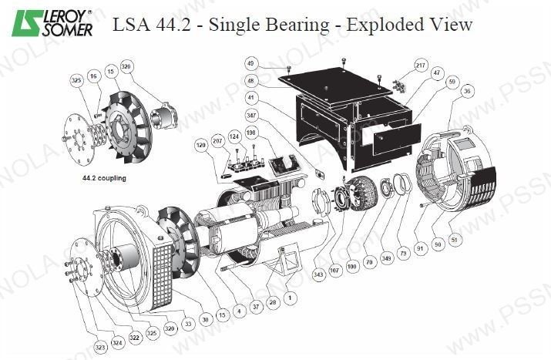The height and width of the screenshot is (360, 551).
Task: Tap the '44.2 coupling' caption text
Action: [103, 178]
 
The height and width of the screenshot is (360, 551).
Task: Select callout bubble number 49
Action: [250, 62]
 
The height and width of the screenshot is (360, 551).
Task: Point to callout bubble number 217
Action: [421, 65]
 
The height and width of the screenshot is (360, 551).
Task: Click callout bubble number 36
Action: [467, 91]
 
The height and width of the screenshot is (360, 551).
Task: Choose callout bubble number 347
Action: [251, 114]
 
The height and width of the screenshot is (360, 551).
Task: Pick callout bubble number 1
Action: [290, 296]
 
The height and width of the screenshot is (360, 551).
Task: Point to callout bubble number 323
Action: [101, 348]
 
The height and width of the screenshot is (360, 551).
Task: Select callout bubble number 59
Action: [452, 80]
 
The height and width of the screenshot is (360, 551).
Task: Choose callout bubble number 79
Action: [402, 254]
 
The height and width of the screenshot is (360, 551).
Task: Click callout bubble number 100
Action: [354, 266]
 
